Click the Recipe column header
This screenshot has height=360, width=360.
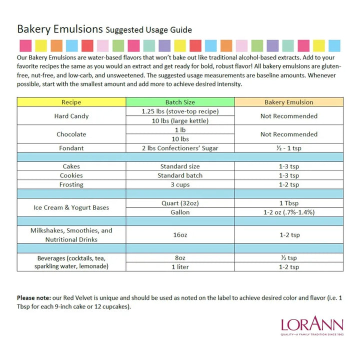[71, 102]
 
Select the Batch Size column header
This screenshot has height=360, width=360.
[180, 102]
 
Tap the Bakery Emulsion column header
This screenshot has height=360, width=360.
[288, 102]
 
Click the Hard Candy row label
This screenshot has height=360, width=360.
[71, 116]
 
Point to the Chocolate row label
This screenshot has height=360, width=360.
[71, 134]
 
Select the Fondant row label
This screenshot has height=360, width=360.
[71, 148]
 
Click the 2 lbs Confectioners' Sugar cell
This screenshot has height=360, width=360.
[180, 148]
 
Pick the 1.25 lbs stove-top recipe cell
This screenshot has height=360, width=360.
[180, 111]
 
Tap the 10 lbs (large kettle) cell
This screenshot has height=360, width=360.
[180, 120]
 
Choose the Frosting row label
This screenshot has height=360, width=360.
[71, 184]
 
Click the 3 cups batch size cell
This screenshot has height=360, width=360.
[180, 184]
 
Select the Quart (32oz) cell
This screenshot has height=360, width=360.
[180, 203]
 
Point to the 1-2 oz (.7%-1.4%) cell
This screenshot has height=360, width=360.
[288, 212]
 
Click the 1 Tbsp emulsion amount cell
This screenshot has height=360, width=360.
[288, 203]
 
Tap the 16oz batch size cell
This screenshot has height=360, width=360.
[180, 235]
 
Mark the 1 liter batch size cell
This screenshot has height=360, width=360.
[180, 266]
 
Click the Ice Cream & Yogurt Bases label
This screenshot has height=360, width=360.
[71, 207]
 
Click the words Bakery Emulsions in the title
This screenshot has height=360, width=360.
[60, 28]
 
